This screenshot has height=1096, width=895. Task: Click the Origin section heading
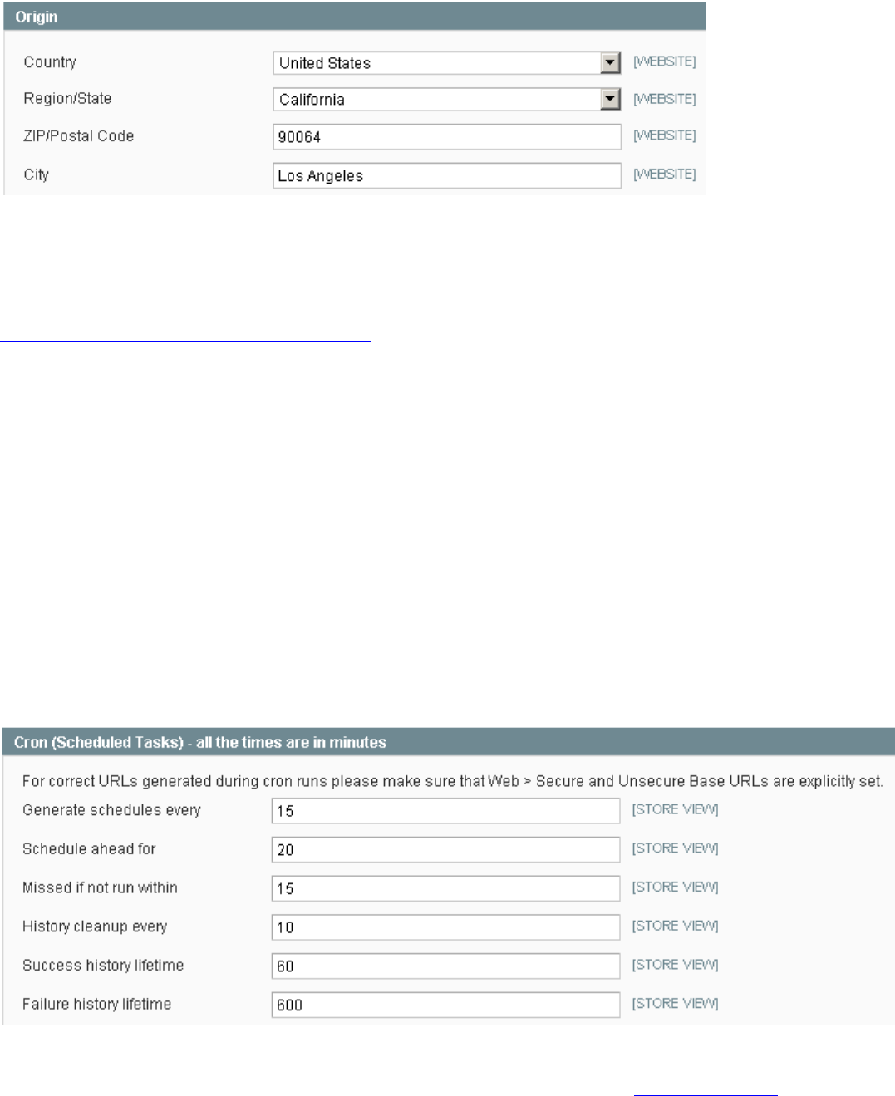tap(37, 17)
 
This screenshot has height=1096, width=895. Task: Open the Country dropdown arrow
tap(611, 62)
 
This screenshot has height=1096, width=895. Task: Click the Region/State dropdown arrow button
tap(611, 99)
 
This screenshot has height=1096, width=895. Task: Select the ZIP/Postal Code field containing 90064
tap(446, 137)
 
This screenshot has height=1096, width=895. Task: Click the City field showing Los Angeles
tap(446, 175)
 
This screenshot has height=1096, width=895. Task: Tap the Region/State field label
tap(67, 99)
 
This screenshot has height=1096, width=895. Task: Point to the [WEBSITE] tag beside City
tap(664, 174)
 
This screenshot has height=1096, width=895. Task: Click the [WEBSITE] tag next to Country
tap(664, 61)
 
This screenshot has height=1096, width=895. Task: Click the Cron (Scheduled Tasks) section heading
tap(200, 742)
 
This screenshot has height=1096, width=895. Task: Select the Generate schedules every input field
tap(445, 811)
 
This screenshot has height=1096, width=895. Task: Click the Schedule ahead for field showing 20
tap(445, 849)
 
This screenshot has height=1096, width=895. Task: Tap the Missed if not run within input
tap(445, 888)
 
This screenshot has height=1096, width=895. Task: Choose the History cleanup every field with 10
tap(445, 927)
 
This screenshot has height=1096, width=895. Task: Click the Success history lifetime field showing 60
tap(445, 966)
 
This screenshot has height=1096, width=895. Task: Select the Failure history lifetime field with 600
tap(445, 1005)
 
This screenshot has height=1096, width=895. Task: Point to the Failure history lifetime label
tap(96, 1004)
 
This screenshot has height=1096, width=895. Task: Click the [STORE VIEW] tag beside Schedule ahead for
tap(675, 848)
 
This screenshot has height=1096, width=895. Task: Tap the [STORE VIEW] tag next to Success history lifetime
tap(675, 965)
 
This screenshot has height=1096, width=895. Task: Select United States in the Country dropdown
tap(325, 63)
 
